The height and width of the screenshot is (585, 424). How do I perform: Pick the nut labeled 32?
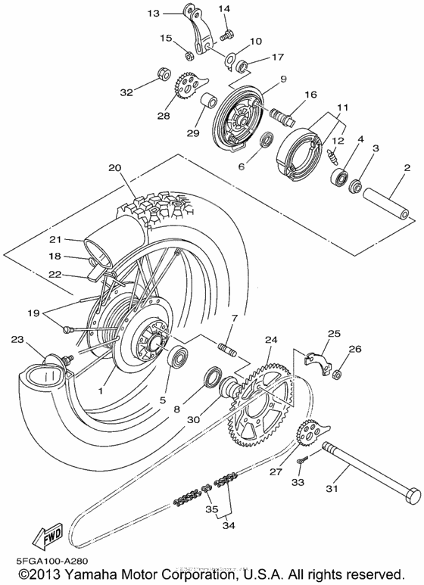click(x=161, y=73)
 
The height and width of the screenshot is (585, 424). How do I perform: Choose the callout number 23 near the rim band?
click(x=17, y=340)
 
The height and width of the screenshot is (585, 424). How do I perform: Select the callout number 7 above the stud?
click(x=214, y=318)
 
